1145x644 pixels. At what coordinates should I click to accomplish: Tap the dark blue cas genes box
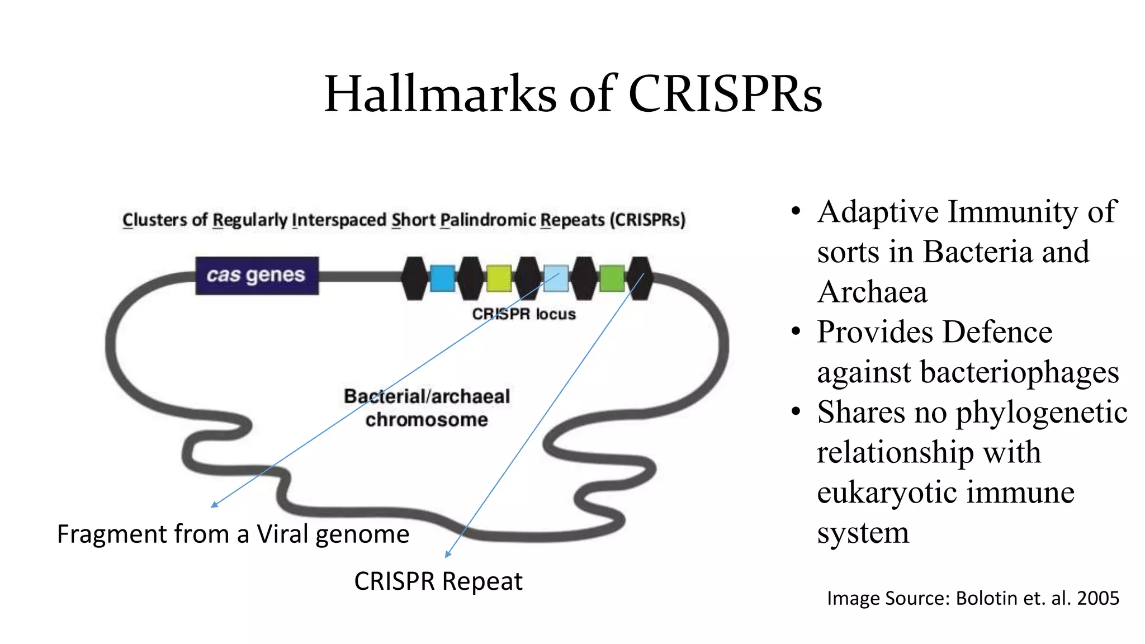click(257, 276)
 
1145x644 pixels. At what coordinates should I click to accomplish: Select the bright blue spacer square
click(442, 278)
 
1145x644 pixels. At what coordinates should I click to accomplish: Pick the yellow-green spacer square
click(499, 278)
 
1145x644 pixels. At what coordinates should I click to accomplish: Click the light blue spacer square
click(556, 278)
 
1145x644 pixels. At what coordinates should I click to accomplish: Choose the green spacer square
click(612, 278)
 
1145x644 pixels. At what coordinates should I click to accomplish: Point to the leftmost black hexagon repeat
click(415, 278)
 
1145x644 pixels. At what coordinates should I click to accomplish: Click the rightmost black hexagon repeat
click(640, 278)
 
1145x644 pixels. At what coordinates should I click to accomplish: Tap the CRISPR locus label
click(524, 314)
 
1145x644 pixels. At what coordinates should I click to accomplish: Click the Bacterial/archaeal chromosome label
click(427, 408)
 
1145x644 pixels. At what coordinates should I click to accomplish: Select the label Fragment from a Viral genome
click(233, 534)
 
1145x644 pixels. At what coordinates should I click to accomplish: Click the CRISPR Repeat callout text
click(438, 581)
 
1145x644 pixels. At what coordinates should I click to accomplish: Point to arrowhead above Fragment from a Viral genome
click(214, 505)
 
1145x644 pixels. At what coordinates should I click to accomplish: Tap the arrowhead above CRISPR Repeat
click(448, 554)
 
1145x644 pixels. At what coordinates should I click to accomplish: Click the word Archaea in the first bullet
click(872, 292)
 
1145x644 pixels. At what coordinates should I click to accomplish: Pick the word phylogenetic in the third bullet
click(1041, 413)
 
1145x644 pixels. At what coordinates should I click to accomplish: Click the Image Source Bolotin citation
click(973, 598)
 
